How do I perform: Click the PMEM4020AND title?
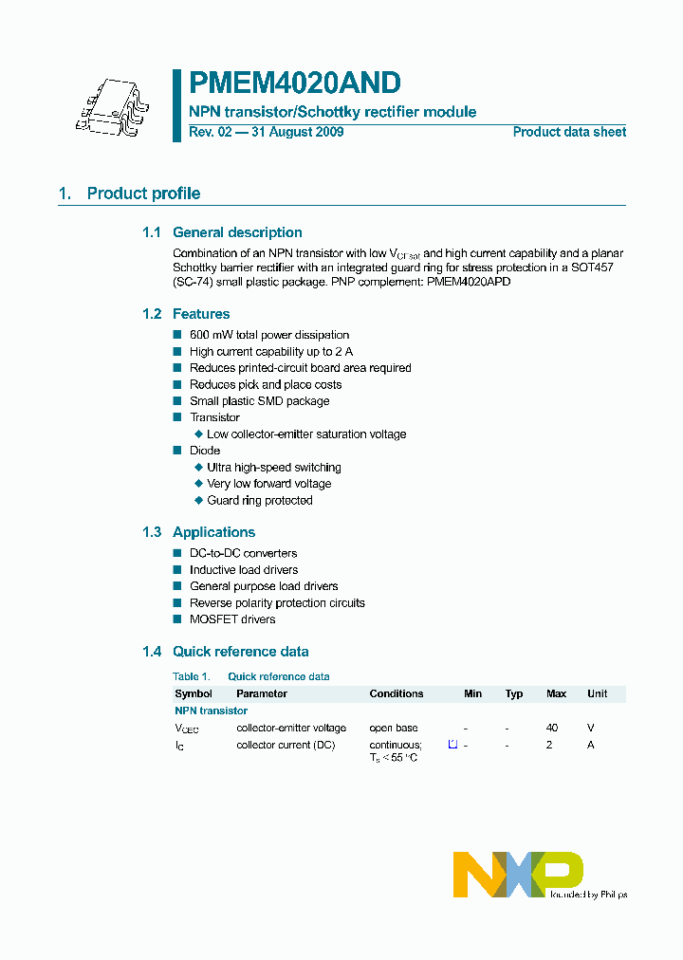[x=295, y=83]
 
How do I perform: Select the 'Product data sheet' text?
[x=569, y=132]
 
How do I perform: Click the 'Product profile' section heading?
[x=143, y=194]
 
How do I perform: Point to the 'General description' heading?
[x=237, y=232]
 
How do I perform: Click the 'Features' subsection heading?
[x=201, y=314]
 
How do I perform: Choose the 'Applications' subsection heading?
[x=213, y=532]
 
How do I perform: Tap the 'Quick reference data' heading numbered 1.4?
[x=240, y=652]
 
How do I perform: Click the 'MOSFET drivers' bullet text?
[x=232, y=619]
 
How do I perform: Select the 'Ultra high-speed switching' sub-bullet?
[x=274, y=468]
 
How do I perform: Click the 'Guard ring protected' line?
[x=260, y=501]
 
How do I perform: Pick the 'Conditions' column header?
[x=397, y=693]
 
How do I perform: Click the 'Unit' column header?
[x=597, y=693]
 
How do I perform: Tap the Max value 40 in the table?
[x=552, y=728]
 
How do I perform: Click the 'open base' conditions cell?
[x=393, y=728]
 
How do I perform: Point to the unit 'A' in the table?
[x=591, y=745]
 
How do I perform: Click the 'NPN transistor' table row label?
[x=211, y=711]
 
